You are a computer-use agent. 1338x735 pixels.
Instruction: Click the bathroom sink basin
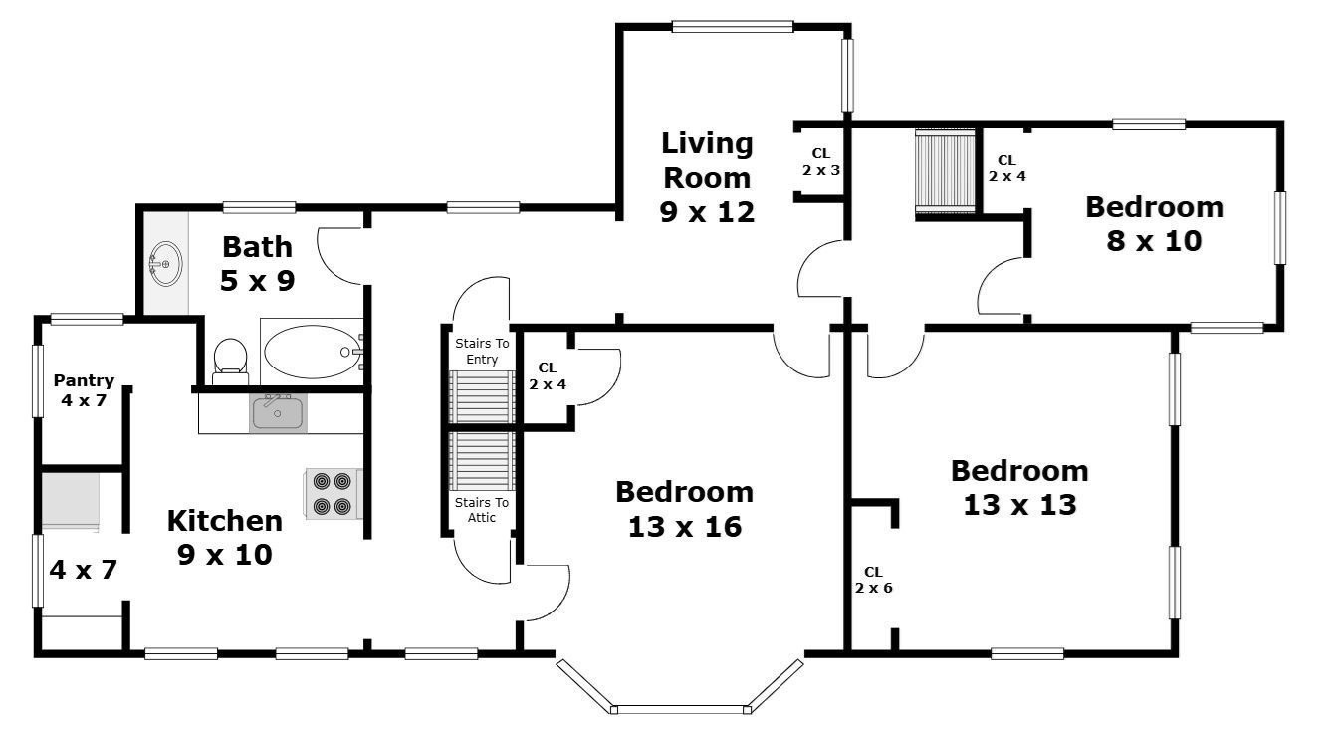tap(165, 263)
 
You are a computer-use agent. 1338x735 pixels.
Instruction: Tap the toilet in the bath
tap(230, 362)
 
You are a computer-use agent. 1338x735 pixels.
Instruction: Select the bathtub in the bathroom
tap(313, 352)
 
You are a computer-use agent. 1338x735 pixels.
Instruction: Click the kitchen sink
tap(278, 412)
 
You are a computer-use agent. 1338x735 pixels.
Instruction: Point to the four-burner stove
tap(333, 494)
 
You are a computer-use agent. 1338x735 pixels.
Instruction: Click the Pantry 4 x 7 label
tap(84, 390)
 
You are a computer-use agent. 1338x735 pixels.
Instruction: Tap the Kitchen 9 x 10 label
tap(225, 537)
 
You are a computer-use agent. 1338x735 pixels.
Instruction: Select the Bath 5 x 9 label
tap(258, 264)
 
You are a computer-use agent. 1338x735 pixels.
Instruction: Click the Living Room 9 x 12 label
tap(707, 177)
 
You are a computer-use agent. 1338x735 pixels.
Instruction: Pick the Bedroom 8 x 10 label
tap(1154, 223)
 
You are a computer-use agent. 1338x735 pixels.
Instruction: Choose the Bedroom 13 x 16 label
tap(685, 509)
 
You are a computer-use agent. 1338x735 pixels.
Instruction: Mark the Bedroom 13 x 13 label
tap(1019, 487)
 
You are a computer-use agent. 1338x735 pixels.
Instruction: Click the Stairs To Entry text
tap(482, 351)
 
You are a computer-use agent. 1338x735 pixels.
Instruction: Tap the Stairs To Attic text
tap(482, 510)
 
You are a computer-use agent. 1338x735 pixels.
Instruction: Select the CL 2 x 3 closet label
tap(821, 162)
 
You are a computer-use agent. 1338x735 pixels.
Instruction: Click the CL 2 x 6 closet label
tap(873, 580)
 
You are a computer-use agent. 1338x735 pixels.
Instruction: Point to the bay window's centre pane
tap(680, 709)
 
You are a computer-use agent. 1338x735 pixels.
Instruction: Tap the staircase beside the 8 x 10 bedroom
tap(945, 171)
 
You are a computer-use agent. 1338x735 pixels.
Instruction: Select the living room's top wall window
tap(733, 26)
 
